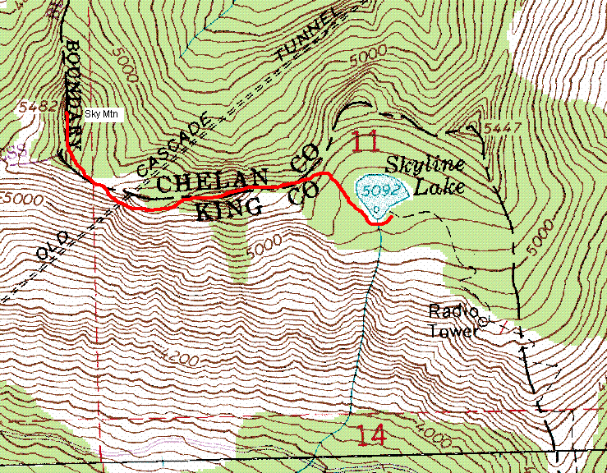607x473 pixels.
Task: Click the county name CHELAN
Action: click(213, 180)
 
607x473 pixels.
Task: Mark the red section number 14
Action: click(372, 434)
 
